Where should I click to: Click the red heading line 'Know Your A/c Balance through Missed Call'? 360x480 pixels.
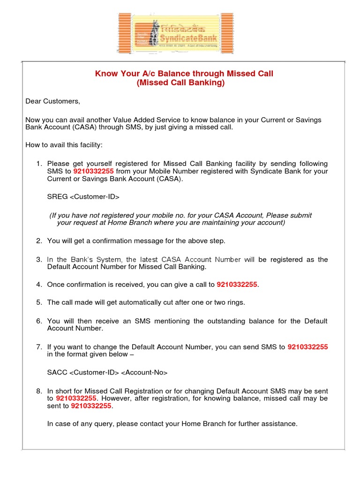[x=184, y=74]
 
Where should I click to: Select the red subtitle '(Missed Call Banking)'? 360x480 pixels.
[x=180, y=83]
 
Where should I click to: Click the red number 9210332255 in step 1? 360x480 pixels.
[x=93, y=171]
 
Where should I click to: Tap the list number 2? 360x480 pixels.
[x=39, y=241]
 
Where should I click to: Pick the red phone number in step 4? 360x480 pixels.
[x=237, y=285]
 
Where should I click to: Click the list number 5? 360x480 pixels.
[x=39, y=302]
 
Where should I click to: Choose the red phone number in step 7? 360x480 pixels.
[x=307, y=347]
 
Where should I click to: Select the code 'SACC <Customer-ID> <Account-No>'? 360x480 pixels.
[x=107, y=373]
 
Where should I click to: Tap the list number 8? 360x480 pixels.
[x=39, y=391]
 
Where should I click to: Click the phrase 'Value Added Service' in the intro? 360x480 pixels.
[x=145, y=120]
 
